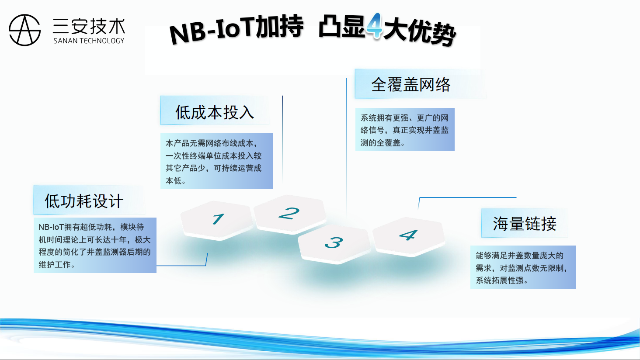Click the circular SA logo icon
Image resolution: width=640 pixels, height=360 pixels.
click(24, 30)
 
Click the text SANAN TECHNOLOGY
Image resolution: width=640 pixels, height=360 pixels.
click(89, 41)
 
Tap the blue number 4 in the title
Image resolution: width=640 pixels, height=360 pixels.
click(374, 26)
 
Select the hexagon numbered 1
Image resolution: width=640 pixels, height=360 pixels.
click(217, 220)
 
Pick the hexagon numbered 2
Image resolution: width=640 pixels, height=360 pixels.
click(290, 215)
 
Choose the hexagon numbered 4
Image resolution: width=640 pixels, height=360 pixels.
click(409, 237)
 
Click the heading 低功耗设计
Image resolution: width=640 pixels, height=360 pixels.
click(84, 201)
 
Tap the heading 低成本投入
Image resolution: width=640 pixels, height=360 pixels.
click(215, 112)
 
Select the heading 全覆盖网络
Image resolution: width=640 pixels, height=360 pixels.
click(411, 84)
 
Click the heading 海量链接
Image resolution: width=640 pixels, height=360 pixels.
click(525, 223)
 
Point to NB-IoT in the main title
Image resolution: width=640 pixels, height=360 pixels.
click(212, 31)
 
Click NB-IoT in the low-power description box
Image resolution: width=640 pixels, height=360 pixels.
click(51, 227)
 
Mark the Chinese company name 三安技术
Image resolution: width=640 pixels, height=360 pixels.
click(89, 26)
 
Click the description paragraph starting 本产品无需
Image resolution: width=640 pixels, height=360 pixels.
click(213, 162)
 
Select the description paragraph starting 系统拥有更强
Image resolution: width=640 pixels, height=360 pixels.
click(404, 130)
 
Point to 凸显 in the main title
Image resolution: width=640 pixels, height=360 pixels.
click(342, 26)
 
